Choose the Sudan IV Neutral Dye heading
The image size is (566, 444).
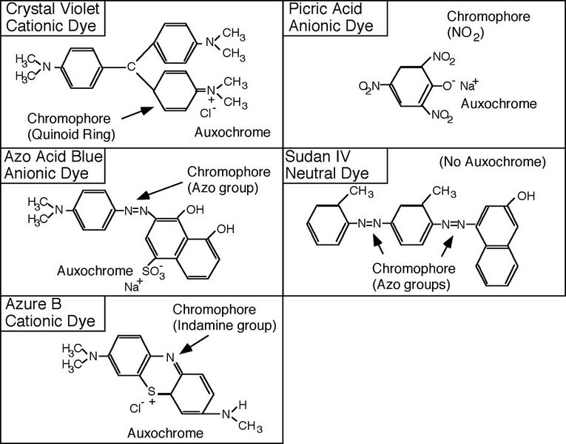[329, 165]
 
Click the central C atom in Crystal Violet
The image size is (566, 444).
[130, 67]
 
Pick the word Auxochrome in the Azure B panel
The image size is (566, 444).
[164, 432]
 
